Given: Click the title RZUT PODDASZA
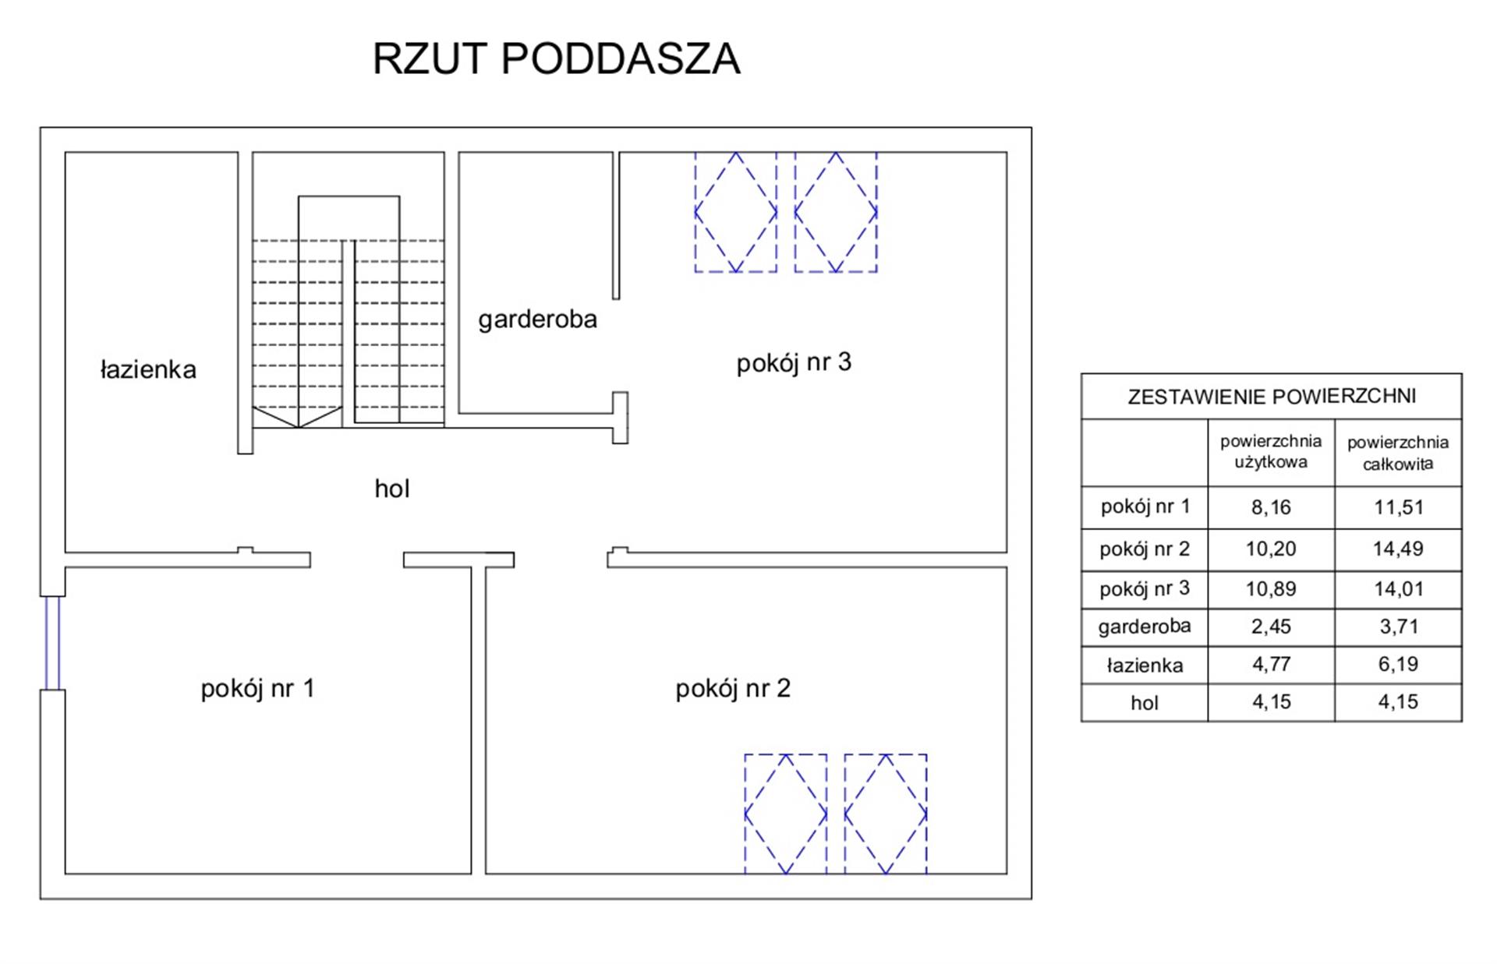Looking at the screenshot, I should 556,58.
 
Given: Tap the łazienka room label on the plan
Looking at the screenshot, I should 148,369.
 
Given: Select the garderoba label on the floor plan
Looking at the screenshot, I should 537,320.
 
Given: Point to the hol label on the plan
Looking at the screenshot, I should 392,489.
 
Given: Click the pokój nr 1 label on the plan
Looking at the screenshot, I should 257,688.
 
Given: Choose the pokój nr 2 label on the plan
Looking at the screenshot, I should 733,688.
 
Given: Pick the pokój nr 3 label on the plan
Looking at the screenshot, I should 794,362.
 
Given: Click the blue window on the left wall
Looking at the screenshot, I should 52,643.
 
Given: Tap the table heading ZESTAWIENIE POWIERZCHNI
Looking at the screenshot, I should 1272,397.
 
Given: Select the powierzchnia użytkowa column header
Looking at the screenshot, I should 1271,452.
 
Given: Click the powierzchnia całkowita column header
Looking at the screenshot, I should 1398,453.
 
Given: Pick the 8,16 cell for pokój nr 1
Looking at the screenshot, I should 1271,507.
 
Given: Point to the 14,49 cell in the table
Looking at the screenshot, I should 1398,549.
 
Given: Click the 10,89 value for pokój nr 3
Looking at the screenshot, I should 1271,589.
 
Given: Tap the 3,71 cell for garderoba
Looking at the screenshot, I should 1398,627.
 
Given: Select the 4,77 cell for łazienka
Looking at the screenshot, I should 1271,665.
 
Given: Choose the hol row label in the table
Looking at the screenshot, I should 1145,703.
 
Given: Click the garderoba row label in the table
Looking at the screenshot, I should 1145,627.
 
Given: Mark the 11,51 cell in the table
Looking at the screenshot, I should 1398,507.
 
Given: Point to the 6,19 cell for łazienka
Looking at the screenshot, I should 1398,665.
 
